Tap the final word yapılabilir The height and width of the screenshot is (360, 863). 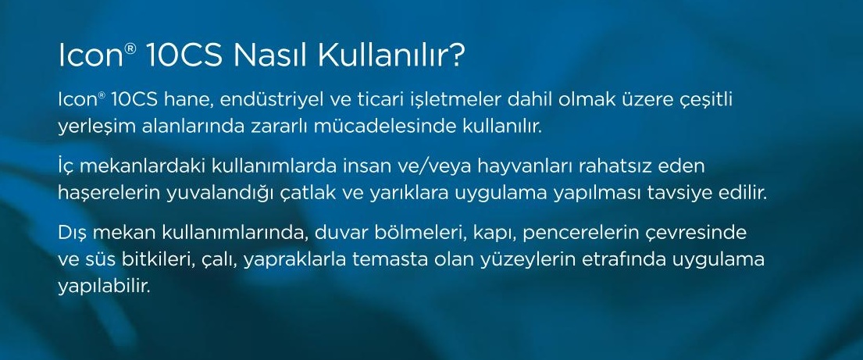click(x=104, y=287)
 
